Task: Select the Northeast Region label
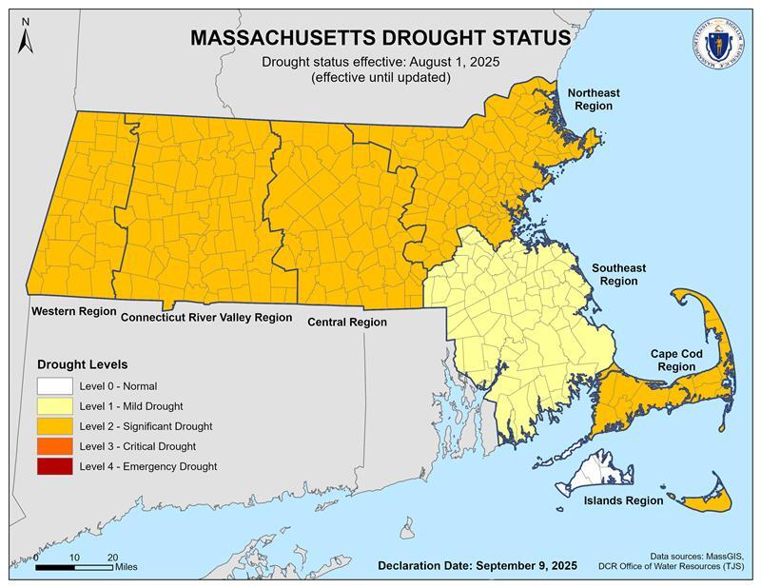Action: pyautogui.click(x=594, y=99)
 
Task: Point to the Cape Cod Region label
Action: pyautogui.click(x=676, y=360)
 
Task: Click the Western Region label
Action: pyautogui.click(x=73, y=311)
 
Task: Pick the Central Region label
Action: pyautogui.click(x=347, y=322)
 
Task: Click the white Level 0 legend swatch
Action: pyautogui.click(x=55, y=387)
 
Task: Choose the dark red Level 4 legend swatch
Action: pyautogui.click(x=55, y=466)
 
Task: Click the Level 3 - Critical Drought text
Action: pyautogui.click(x=138, y=446)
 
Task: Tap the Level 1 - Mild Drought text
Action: pyautogui.click(x=131, y=406)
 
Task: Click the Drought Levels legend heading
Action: pyautogui.click(x=82, y=363)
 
